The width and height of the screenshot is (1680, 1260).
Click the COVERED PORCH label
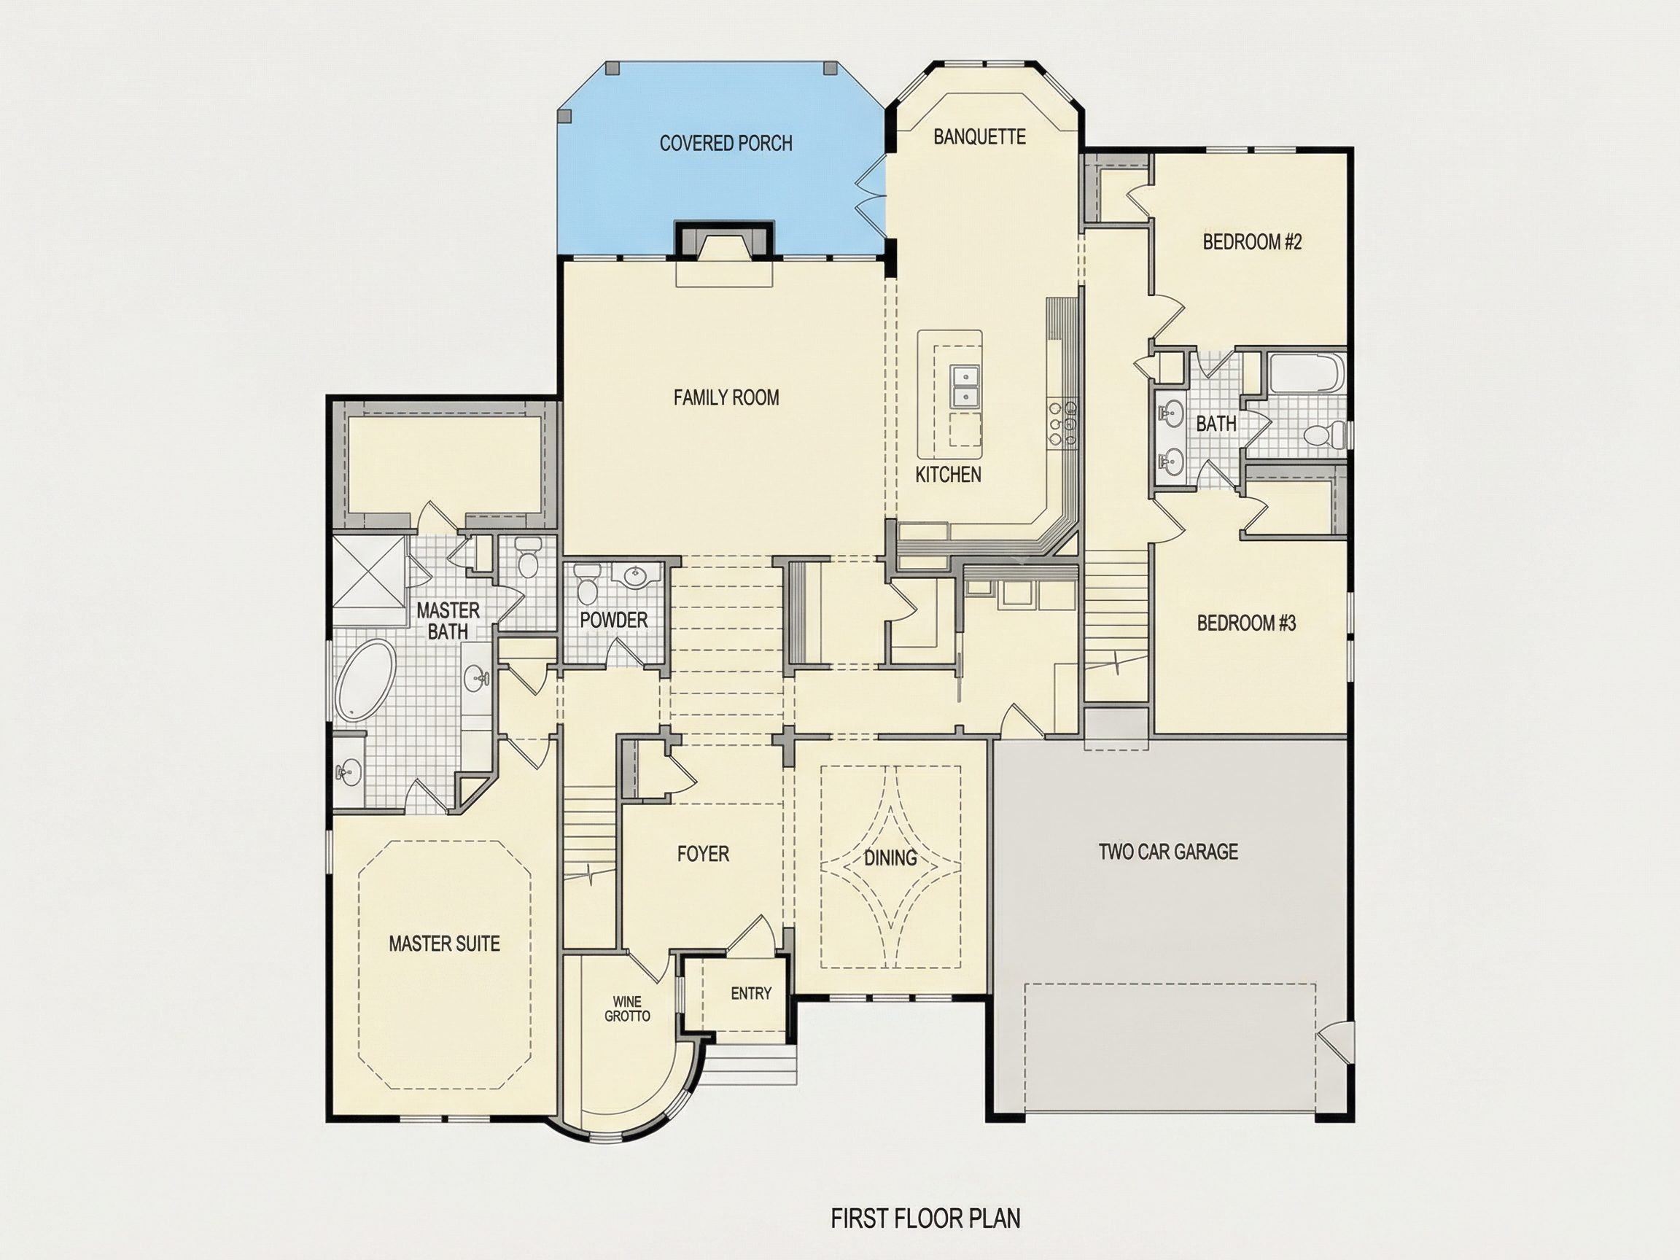tap(726, 143)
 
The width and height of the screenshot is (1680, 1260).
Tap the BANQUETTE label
tap(979, 136)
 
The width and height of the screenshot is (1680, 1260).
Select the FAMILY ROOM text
tap(726, 397)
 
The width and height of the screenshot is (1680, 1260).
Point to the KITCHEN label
tap(948, 475)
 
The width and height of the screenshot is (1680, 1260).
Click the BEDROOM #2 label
tap(1253, 242)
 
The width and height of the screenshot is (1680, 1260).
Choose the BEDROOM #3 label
tap(1246, 623)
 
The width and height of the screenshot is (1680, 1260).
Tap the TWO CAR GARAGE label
tap(1168, 852)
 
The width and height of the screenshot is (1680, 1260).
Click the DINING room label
tap(890, 858)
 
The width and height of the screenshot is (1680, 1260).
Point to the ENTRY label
tap(751, 993)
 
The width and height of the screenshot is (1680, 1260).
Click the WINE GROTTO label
tap(627, 1008)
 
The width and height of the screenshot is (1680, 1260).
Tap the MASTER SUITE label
tap(444, 944)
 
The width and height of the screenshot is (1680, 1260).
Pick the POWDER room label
tap(614, 621)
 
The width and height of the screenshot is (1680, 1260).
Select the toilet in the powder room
tap(586, 583)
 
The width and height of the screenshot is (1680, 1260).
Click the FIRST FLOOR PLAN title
tap(925, 1219)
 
